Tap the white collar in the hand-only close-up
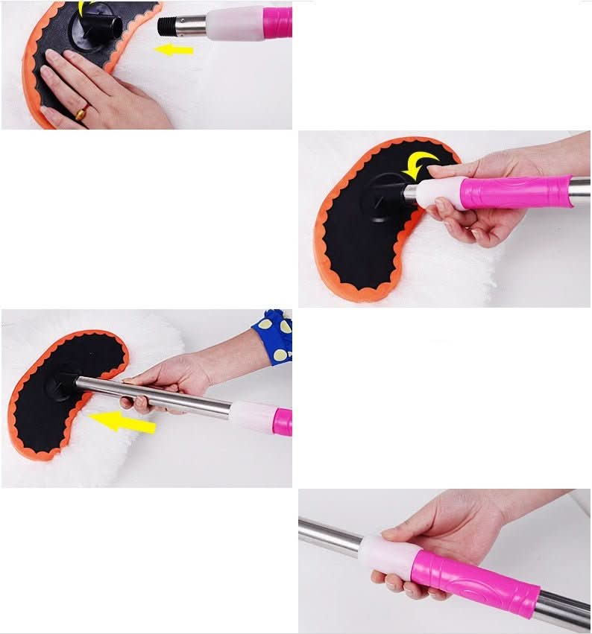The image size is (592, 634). [x=385, y=556]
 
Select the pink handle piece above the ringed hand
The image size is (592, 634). [x=277, y=22]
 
